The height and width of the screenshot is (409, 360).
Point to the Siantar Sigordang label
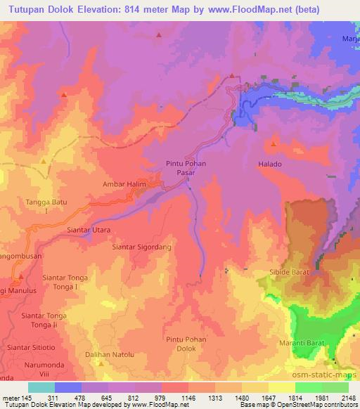click(x=142, y=247)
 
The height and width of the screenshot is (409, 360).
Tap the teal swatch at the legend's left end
click(x=41, y=387)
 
